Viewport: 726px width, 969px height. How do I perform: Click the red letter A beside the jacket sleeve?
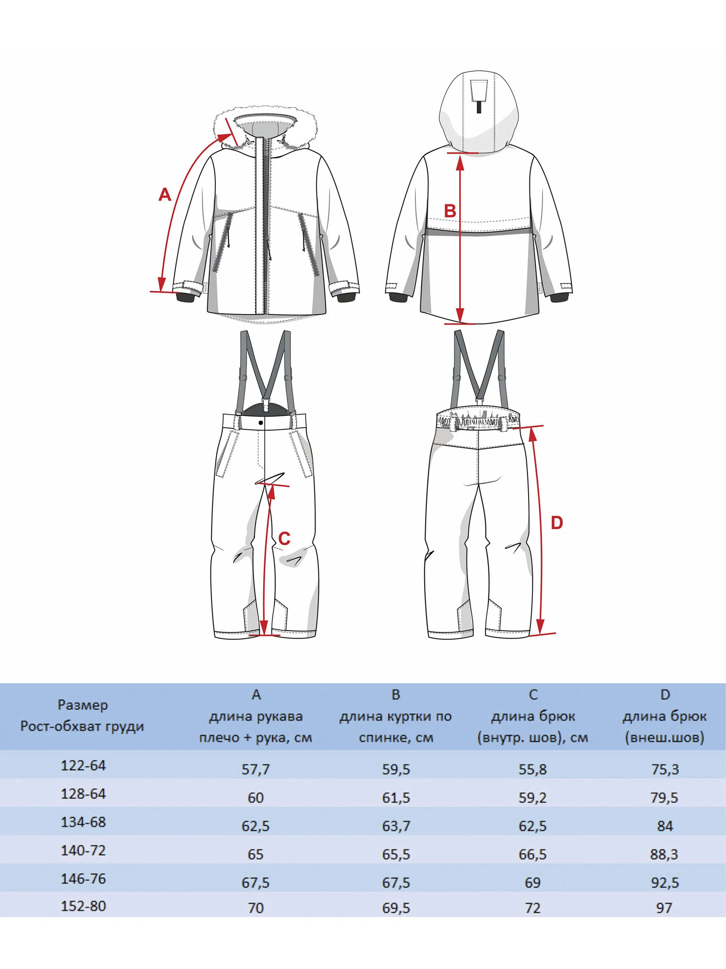[165, 194]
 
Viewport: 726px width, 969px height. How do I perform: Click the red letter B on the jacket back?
[450, 211]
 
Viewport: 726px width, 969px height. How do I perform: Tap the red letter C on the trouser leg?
[284, 538]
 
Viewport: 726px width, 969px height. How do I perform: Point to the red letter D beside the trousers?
[557, 523]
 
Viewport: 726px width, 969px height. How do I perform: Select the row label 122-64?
[83, 766]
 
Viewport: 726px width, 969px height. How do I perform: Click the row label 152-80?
[83, 906]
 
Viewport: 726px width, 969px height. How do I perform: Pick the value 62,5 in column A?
[256, 826]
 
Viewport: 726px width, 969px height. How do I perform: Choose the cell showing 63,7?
[396, 826]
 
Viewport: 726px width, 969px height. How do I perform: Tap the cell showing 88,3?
[664, 854]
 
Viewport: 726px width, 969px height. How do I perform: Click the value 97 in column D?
[664, 908]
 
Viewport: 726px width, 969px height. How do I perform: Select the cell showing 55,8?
[532, 769]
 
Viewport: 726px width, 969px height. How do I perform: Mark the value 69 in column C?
[532, 882]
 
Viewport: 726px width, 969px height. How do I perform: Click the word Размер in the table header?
[83, 705]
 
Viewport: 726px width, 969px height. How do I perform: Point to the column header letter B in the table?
[396, 695]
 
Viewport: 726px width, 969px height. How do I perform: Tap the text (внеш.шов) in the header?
[664, 738]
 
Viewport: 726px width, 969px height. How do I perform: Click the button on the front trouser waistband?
[261, 423]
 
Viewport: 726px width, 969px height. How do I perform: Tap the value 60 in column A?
[256, 798]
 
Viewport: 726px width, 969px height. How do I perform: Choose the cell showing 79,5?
[664, 798]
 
